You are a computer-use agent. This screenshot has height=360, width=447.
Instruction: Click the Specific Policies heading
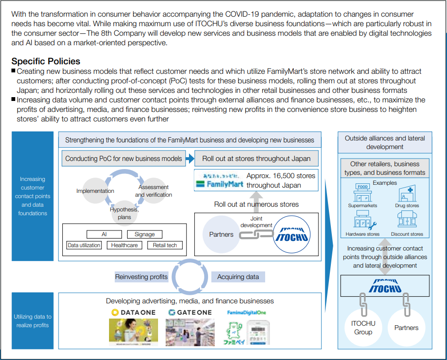click(x=46, y=61)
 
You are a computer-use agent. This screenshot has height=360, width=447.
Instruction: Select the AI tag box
click(x=104, y=234)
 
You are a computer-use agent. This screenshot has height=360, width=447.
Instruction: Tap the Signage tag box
click(x=145, y=234)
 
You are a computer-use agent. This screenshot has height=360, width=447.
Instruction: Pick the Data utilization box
click(x=84, y=245)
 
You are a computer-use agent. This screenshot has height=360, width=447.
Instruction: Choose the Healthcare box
click(x=124, y=245)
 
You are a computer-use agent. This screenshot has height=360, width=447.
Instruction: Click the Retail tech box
click(x=165, y=245)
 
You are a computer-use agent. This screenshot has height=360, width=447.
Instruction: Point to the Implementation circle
click(x=95, y=191)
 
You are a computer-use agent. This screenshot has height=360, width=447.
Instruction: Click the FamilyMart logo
click(x=219, y=180)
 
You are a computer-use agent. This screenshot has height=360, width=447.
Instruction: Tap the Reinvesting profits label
click(x=141, y=277)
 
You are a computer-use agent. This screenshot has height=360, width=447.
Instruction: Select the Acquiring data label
click(x=238, y=277)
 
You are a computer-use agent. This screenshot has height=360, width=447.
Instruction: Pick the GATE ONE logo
click(x=190, y=312)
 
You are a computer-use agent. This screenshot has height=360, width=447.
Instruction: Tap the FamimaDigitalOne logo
click(x=246, y=312)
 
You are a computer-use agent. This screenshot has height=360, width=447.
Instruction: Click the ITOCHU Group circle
click(x=363, y=327)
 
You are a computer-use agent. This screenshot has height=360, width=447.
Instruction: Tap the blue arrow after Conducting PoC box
click(x=189, y=159)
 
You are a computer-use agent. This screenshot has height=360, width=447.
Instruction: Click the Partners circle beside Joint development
click(x=221, y=234)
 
